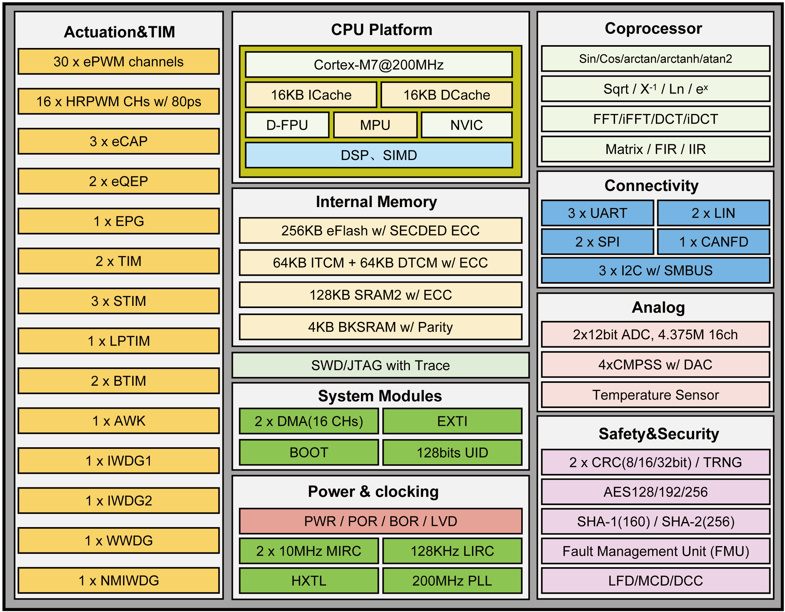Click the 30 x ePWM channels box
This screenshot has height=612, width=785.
pyautogui.click(x=119, y=62)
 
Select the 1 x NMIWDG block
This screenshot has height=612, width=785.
pyautogui.click(x=119, y=580)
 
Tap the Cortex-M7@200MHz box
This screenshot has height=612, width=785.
pyautogui.click(x=379, y=65)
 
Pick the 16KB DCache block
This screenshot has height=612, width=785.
pyautogui.click(x=446, y=95)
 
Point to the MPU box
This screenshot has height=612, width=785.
pyautogui.click(x=375, y=125)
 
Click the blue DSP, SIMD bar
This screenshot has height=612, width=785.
pyautogui.click(x=379, y=155)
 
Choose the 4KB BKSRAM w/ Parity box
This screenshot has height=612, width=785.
pyautogui.click(x=380, y=327)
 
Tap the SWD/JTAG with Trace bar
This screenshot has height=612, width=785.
pyautogui.click(x=380, y=365)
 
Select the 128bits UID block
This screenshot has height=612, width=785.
pyautogui.click(x=452, y=452)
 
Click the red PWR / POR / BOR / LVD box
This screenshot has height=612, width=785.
pyautogui.click(x=380, y=521)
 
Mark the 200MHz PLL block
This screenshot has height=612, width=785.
pyautogui.click(x=452, y=581)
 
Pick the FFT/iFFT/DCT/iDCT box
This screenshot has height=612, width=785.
pyautogui.click(x=655, y=119)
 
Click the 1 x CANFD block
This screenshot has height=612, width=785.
pyautogui.click(x=713, y=242)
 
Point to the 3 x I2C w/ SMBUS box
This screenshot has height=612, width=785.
pyautogui.click(x=655, y=270)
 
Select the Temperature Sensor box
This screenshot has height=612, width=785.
pyautogui.click(x=655, y=395)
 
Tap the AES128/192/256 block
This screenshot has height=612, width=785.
pyautogui.click(x=655, y=492)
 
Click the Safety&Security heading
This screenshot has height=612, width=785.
pyautogui.click(x=658, y=434)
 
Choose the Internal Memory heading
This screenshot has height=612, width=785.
pyautogui.click(x=376, y=202)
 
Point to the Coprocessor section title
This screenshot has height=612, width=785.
pyautogui.click(x=653, y=28)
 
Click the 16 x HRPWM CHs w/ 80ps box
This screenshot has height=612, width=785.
pyautogui.click(x=119, y=101)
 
